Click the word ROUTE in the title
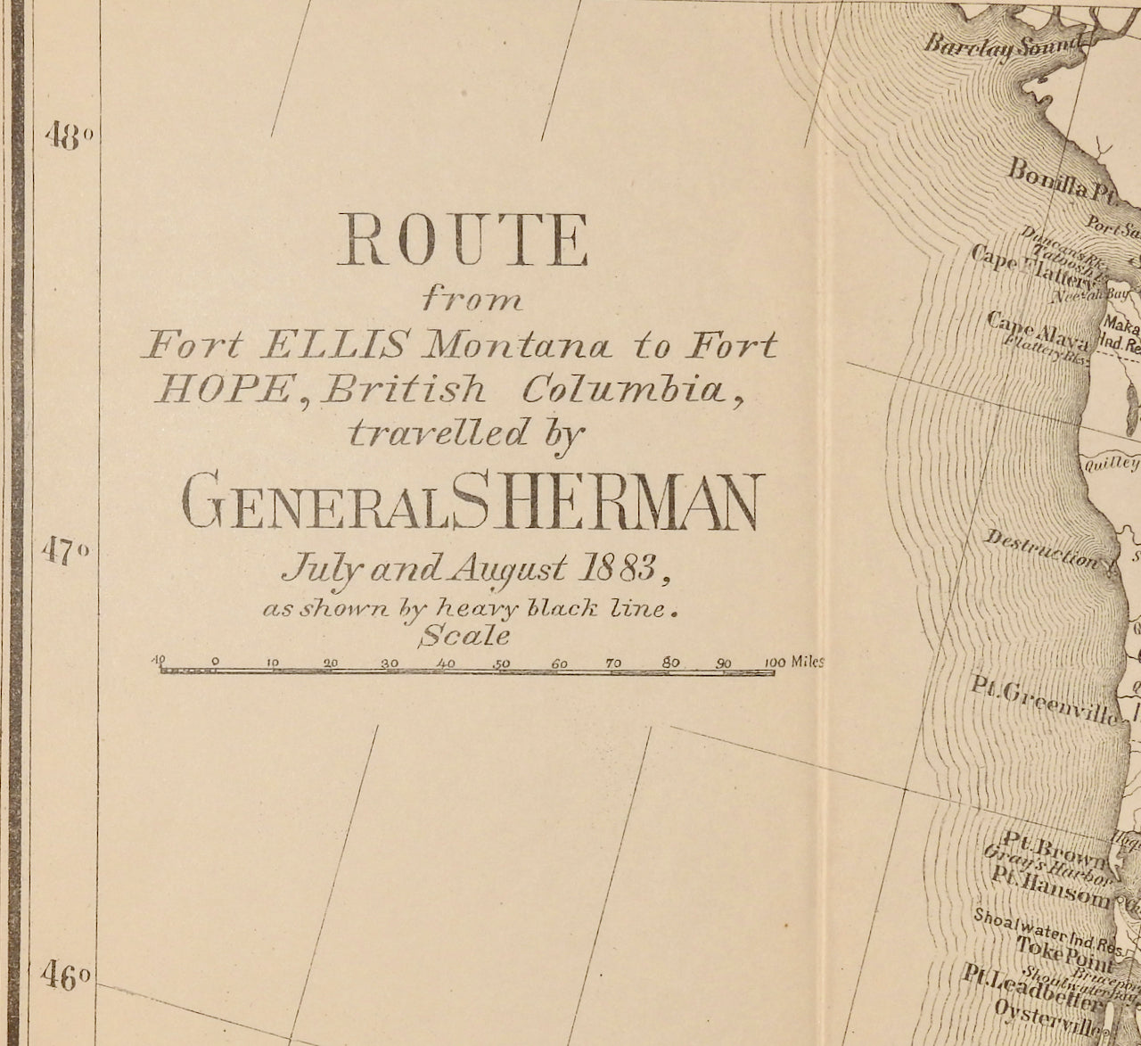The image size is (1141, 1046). pos(462,242)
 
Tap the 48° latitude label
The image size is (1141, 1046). pos(69,138)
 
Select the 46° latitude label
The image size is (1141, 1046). pos(66,976)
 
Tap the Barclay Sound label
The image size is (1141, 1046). pos(1003,45)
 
